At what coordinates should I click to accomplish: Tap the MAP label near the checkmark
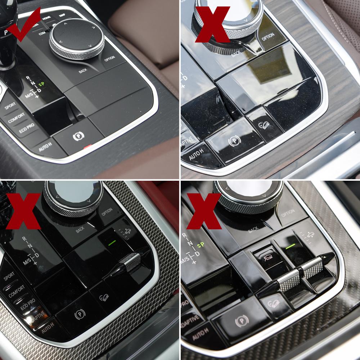pos(62,15)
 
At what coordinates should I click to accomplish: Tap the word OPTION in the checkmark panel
pos(109,58)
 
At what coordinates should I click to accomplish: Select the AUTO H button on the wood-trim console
pos(197,156)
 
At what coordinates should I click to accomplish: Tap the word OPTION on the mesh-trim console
pos(107,212)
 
